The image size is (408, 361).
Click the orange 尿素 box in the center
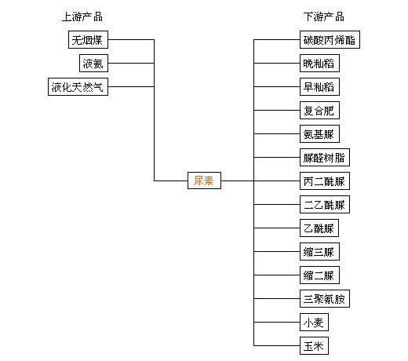(x=204, y=180)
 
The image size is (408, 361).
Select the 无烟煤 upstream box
(x=88, y=39)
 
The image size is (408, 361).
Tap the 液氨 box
(x=93, y=63)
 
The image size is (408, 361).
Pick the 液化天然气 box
(x=78, y=86)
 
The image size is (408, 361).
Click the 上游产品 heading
(x=82, y=16)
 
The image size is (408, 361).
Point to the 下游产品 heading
(x=324, y=16)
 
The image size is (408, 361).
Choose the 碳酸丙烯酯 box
(x=330, y=39)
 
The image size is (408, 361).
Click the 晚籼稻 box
(x=319, y=63)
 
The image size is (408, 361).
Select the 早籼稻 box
(x=319, y=86)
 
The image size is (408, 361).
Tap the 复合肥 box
(x=319, y=110)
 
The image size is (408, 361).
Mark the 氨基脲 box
(x=319, y=133)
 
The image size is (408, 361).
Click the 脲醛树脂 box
(x=325, y=157)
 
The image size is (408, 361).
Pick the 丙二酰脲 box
(x=325, y=180)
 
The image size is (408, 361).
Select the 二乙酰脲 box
(x=325, y=204)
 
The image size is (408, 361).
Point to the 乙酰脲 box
(x=319, y=228)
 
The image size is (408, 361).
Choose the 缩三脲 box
(x=319, y=251)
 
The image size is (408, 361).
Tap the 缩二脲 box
(x=319, y=275)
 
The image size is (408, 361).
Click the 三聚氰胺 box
(x=325, y=298)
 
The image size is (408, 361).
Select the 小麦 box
(x=314, y=322)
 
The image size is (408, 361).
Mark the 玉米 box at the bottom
(x=314, y=345)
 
